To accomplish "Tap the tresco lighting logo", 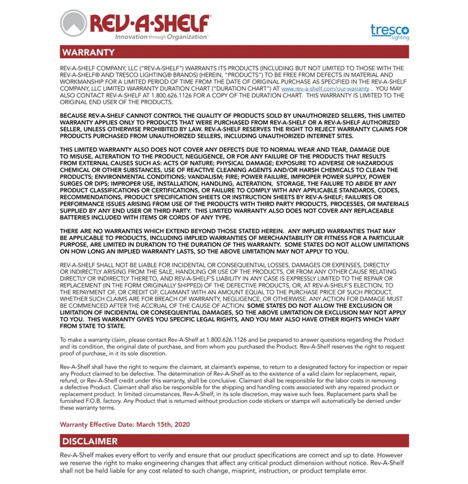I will tap(390, 32).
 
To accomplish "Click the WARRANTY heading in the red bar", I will tap(88, 52).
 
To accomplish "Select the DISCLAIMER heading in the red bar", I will tap(90, 441).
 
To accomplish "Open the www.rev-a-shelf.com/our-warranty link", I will tap(325, 89).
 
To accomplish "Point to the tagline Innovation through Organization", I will tap(161, 37).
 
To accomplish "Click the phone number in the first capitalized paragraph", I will tap(159, 95).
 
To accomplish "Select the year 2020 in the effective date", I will tap(182, 424).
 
